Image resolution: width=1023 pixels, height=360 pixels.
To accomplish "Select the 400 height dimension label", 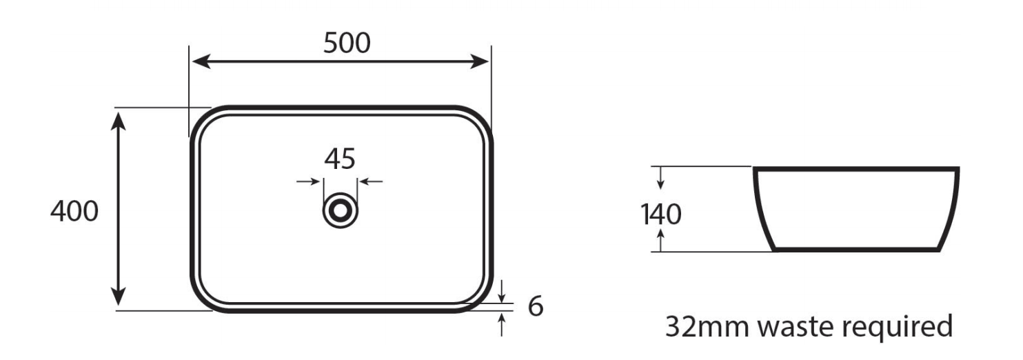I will tap(74, 211).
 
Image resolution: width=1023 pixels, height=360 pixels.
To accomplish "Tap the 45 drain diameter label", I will tap(340, 159).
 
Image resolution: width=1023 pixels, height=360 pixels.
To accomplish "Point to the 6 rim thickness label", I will tap(536, 306).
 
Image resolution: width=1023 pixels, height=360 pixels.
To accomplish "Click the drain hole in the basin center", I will tap(340, 210).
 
